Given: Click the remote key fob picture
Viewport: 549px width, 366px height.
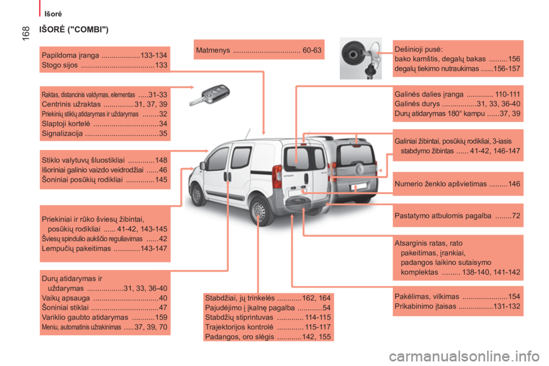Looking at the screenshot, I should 208,96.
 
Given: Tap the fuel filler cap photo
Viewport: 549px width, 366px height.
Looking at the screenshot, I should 360,58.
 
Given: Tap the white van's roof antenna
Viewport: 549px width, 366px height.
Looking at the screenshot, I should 248,133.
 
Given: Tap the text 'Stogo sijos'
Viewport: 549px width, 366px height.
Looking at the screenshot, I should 60,65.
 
